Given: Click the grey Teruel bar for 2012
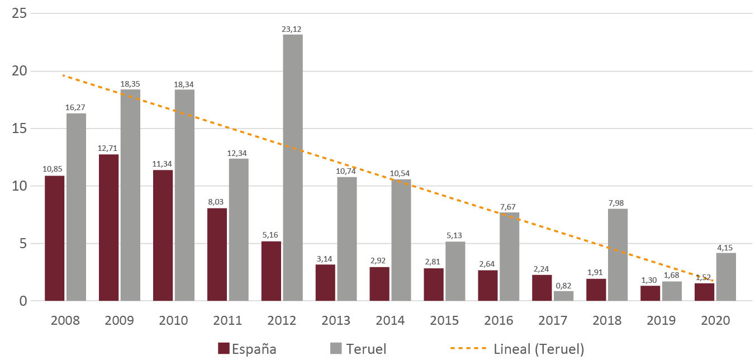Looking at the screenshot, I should point(293,168).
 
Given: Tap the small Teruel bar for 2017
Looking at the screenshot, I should point(564,296).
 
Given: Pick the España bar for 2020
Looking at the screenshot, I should point(704,292).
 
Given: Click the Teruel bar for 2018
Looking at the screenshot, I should point(618,255).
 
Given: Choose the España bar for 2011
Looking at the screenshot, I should point(217,254).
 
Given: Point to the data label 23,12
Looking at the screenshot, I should point(293,29).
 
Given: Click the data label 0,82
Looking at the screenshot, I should point(564,285).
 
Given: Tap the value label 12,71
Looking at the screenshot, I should point(109,149).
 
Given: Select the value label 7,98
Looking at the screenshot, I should point(618,203).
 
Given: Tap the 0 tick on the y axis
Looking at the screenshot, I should point(23,301).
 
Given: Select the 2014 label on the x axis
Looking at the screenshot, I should point(390,321).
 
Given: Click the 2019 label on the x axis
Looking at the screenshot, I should point(661,321).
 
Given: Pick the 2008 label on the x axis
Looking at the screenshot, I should point(65,321).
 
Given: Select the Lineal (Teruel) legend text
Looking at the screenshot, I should point(539,349).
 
